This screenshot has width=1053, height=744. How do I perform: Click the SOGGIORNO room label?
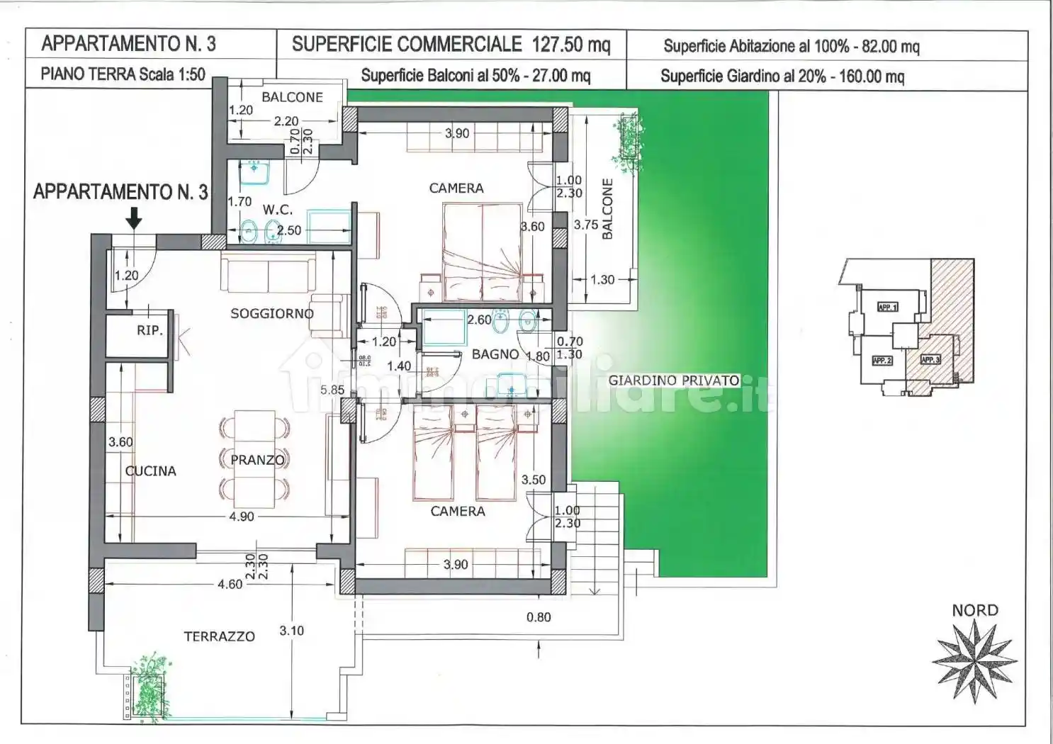tap(271, 313)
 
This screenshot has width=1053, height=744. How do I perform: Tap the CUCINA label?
tap(150, 471)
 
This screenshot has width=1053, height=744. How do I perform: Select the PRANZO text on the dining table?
tap(257, 460)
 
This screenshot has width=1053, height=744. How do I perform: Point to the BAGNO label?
tap(495, 354)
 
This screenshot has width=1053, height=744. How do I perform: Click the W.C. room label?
tap(277, 210)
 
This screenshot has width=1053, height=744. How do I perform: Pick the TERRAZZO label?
tap(219, 637)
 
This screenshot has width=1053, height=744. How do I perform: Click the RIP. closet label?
tap(150, 331)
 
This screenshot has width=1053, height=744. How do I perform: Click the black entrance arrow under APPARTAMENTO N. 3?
tap(133, 220)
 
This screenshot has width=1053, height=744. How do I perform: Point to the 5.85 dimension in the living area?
tap(332, 390)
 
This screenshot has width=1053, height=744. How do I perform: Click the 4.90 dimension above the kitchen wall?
tap(241, 517)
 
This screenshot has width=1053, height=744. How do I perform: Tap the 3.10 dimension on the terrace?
tap(291, 630)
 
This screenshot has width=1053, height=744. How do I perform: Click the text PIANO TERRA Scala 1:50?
tap(123, 74)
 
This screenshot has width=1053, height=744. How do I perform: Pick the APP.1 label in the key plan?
tap(887, 308)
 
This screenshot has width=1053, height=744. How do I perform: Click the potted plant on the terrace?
tap(150, 684)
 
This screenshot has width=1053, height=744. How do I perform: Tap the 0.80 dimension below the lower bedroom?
tap(539, 617)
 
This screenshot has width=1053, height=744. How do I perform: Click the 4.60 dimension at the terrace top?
tap(230, 585)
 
